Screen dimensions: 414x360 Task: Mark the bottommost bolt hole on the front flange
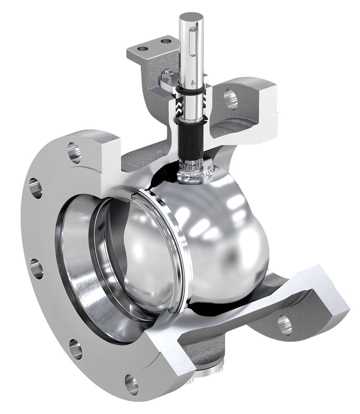point(131,385)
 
